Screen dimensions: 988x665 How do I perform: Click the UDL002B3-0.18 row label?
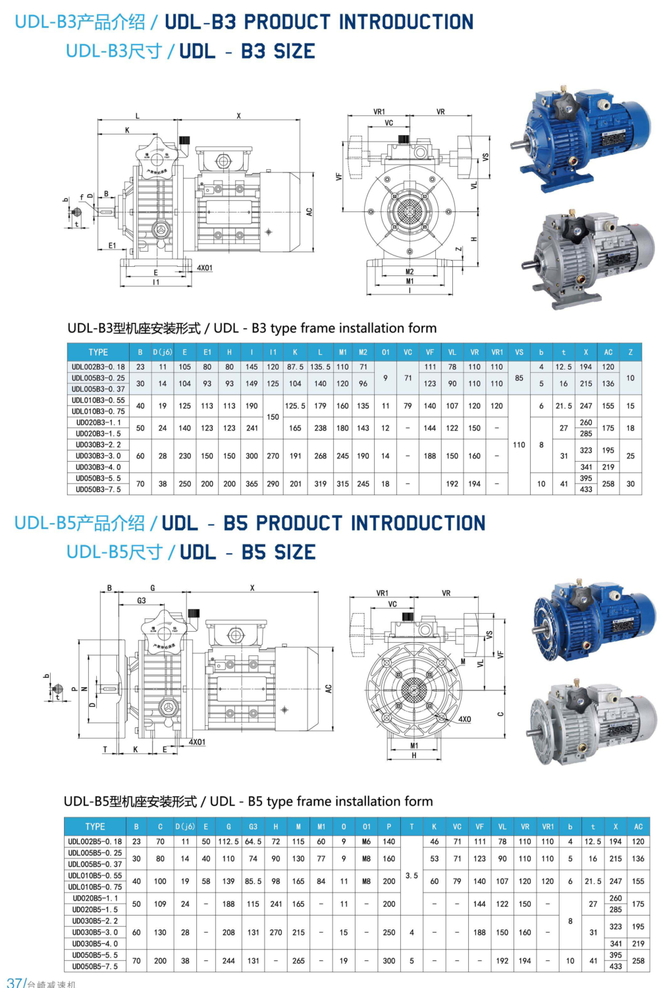click(x=98, y=367)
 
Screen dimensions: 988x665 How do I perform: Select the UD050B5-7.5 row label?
click(x=95, y=966)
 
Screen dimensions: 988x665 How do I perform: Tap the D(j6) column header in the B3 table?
click(x=163, y=352)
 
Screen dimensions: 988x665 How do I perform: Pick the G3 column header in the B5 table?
click(x=253, y=827)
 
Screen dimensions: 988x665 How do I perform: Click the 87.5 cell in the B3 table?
click(x=295, y=367)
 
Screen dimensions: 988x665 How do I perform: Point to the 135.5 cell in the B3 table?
click(x=320, y=367)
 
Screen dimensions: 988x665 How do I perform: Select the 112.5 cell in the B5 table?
click(x=228, y=841)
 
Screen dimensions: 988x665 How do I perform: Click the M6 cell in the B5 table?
click(x=367, y=841)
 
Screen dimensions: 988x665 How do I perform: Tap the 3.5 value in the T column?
click(x=412, y=875)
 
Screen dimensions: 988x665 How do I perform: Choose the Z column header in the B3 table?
click(x=630, y=352)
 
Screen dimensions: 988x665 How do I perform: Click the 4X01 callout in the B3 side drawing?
click(x=205, y=268)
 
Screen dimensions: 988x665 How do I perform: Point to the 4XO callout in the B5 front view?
click(x=464, y=719)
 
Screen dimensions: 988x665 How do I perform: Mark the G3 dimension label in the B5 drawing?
click(x=142, y=600)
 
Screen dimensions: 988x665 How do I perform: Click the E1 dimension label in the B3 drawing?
click(x=113, y=246)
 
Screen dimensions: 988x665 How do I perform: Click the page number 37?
click(x=14, y=982)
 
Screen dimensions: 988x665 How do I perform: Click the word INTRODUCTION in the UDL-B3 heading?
click(x=406, y=22)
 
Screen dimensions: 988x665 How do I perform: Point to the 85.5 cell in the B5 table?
click(x=253, y=881)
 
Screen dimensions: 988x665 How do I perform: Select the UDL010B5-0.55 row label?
click(x=95, y=875)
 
